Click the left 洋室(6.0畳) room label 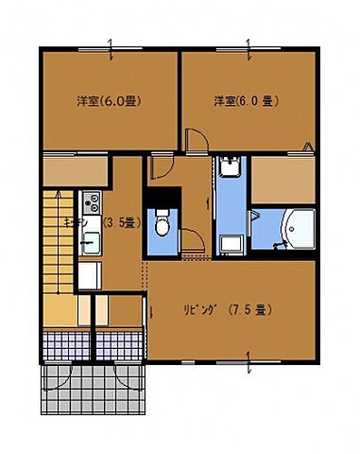click(109, 100)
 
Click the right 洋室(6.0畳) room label click(245, 100)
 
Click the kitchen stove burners click(91, 201)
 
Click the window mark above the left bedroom click(111, 44)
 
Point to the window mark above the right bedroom click(248, 44)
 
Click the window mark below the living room click(248, 359)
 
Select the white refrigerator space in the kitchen click(89, 277)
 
